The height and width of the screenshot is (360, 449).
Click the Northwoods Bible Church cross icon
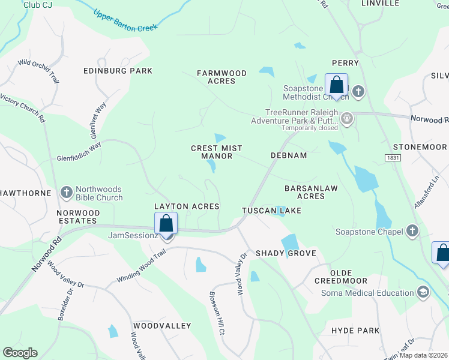(66, 193)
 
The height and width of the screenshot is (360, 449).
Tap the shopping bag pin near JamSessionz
(166, 224)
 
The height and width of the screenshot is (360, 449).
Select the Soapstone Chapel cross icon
(412, 231)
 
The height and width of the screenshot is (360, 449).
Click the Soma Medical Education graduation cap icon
(423, 292)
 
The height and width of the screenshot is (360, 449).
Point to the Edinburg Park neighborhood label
(118, 71)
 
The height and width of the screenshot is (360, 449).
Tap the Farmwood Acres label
(222, 77)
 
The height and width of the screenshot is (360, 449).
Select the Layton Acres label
(187, 206)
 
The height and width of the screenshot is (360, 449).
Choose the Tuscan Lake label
(271, 211)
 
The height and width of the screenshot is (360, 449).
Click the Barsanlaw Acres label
(311, 192)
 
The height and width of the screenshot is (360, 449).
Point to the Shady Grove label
(286, 253)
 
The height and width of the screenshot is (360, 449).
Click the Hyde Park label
(355, 331)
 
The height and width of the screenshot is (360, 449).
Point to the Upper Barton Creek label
(126, 20)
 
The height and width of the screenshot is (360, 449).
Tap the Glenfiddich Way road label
(79, 152)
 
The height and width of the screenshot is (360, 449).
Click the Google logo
(20, 353)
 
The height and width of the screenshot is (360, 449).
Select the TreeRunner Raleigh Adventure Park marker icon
(347, 119)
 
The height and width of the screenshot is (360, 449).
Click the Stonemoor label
(420, 147)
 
